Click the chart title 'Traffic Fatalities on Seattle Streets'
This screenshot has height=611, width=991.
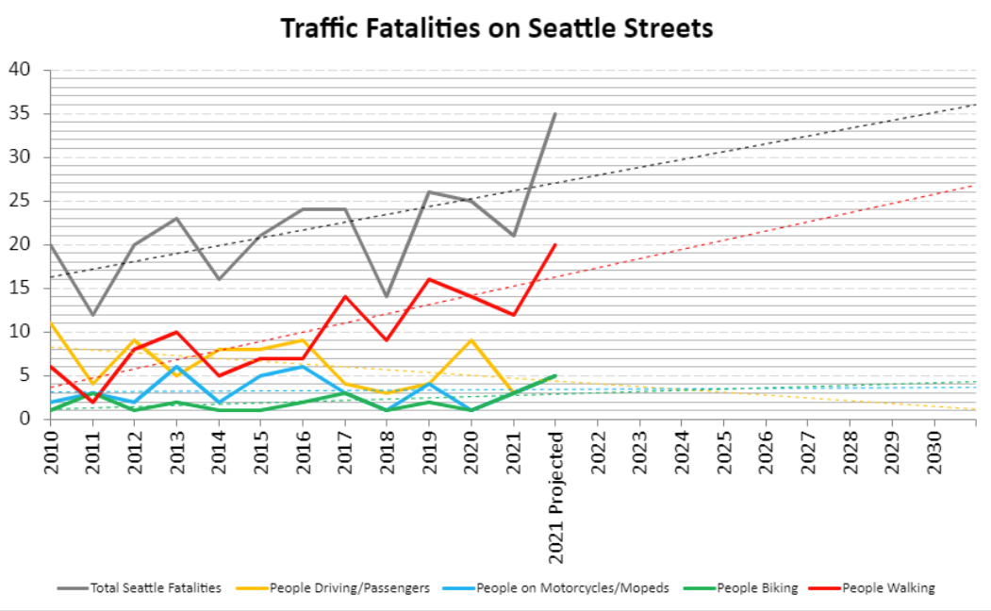point(497,28)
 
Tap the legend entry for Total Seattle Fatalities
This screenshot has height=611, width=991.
point(155,587)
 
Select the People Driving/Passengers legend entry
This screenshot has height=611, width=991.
point(349,587)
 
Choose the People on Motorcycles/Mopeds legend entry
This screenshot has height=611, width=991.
point(571,587)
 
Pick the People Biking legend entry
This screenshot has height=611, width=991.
point(757,587)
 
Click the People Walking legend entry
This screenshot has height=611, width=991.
point(887,587)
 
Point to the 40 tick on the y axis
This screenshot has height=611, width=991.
point(21,70)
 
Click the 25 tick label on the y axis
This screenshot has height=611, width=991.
point(21,201)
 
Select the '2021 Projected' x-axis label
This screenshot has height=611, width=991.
point(555,498)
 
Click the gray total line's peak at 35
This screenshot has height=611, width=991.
point(555,114)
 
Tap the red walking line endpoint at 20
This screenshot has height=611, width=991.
point(555,245)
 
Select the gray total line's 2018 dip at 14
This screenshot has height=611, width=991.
point(387,297)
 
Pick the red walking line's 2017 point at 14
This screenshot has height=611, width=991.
point(345,297)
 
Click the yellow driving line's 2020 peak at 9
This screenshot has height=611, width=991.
point(471,340)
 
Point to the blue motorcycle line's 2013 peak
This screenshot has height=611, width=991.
point(176,367)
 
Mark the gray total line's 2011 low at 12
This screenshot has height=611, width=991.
point(92,314)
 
